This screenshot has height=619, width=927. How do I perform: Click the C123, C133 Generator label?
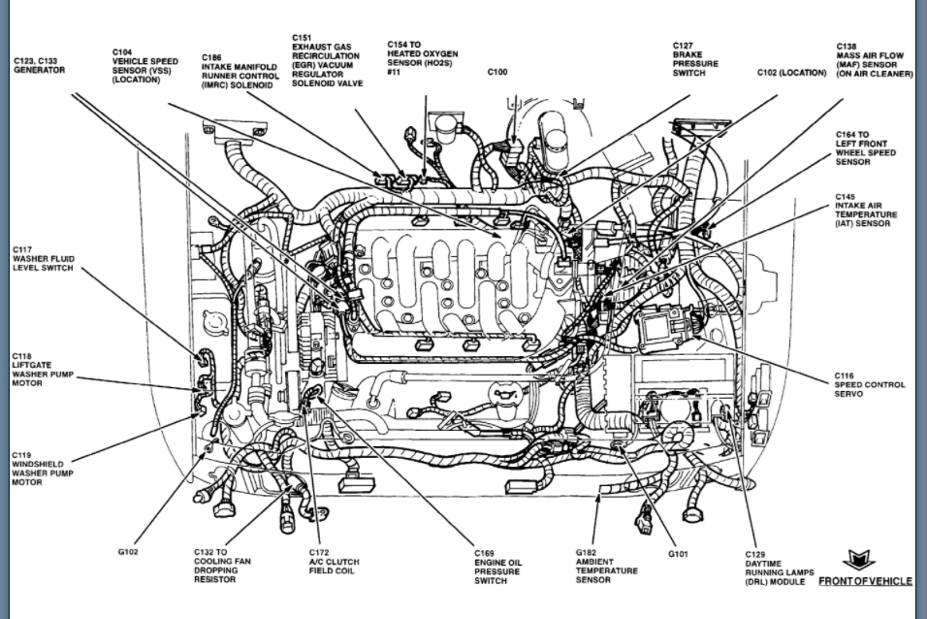(x=39, y=66)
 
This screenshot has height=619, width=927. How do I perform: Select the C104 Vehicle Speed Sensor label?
(x=144, y=65)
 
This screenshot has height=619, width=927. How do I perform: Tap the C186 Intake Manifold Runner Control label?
(x=240, y=71)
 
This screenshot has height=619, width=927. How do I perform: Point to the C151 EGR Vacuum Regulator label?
(x=327, y=61)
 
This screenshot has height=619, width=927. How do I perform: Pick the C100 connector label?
(x=497, y=72)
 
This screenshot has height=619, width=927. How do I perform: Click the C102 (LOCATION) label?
(x=791, y=73)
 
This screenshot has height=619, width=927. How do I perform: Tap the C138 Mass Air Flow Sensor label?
(x=874, y=60)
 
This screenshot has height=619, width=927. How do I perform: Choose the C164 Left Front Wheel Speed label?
(x=865, y=148)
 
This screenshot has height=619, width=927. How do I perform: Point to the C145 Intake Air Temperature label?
(x=866, y=211)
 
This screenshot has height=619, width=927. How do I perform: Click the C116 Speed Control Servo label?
(x=870, y=384)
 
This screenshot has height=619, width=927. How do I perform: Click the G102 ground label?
(x=128, y=552)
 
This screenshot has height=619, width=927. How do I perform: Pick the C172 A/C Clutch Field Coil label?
(x=334, y=562)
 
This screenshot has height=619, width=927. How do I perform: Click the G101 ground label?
(x=678, y=554)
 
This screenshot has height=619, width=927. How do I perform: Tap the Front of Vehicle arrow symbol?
(x=858, y=561)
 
